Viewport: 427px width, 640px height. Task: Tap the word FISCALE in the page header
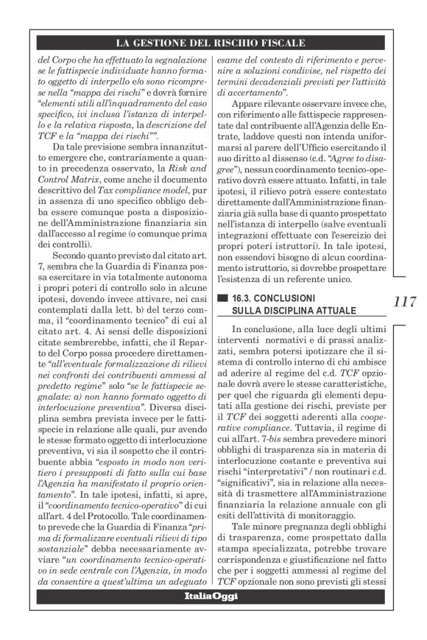[x=280, y=43]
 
